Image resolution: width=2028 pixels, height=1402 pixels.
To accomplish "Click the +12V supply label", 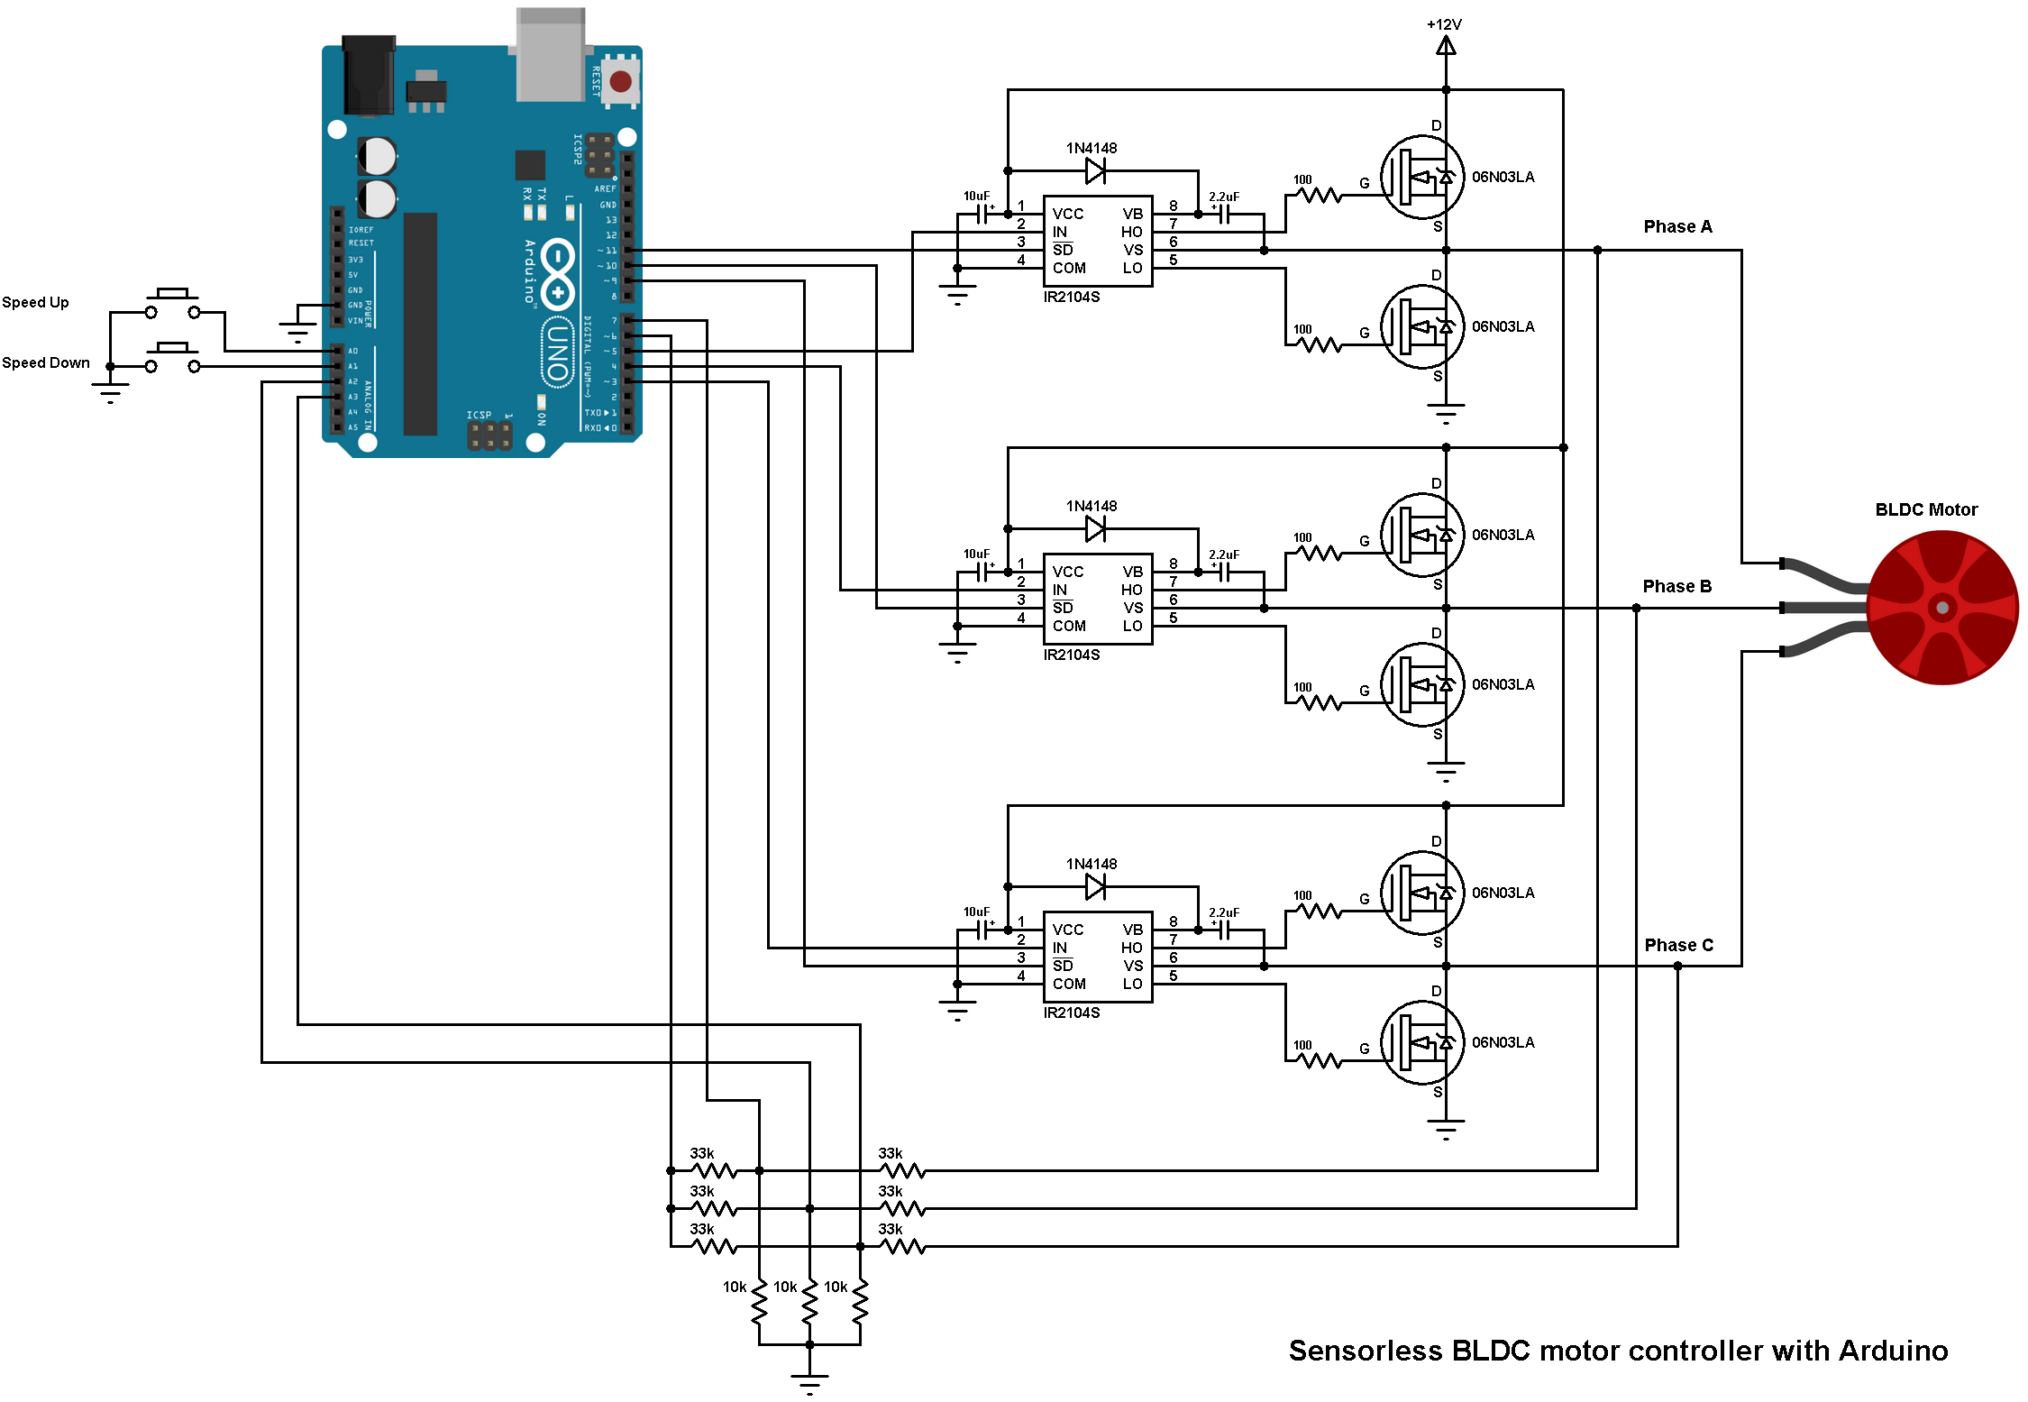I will point(1443,24).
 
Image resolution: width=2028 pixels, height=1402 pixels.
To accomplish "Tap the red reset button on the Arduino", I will point(620,82).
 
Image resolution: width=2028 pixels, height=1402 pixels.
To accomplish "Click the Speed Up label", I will point(35,302).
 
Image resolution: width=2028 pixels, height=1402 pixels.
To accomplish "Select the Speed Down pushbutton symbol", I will point(172,358).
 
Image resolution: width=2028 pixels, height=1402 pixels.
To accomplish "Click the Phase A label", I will point(1676,226).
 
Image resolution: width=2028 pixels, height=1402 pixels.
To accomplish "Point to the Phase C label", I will point(1677,945).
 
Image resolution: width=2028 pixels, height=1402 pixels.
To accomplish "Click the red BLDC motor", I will point(1942,608).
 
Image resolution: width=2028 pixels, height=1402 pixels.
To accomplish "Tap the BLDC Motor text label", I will point(1925,509).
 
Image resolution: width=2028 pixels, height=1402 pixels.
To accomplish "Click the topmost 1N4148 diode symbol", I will point(1095,170).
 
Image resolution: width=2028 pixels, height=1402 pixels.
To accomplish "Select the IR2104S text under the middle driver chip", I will point(1071,655).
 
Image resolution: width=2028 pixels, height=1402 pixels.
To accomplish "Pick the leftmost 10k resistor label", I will point(734,1287).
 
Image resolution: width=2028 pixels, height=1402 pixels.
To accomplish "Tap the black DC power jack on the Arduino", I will point(369,76).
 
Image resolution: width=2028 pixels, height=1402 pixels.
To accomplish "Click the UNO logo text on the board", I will point(557,352).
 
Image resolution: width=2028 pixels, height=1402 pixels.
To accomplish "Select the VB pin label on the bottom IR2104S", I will point(1132,930).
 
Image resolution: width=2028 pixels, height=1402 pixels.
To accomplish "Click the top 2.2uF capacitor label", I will point(1223,197).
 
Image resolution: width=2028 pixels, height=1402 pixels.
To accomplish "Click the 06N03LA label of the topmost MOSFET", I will point(1503,177).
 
